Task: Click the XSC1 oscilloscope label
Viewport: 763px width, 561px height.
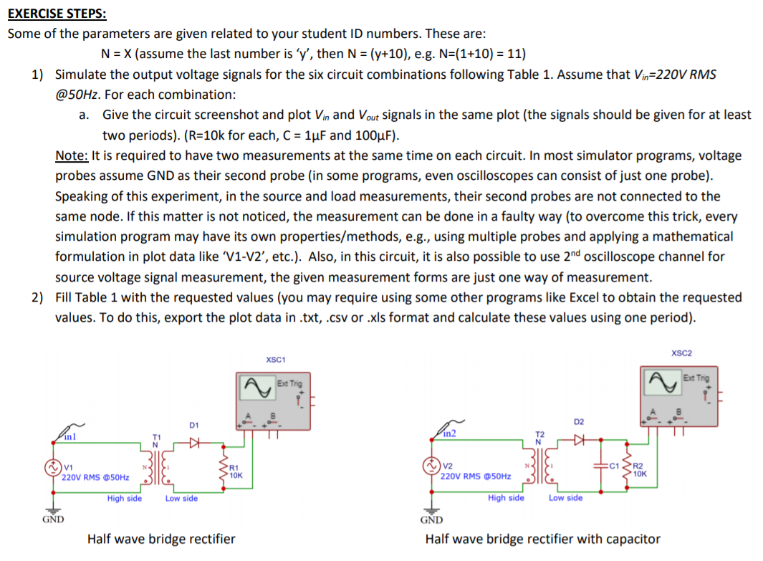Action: point(275,359)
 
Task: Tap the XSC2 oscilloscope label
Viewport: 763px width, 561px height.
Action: point(681,353)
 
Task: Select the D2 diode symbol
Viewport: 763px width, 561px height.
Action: point(579,438)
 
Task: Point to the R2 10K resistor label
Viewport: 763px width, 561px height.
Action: point(640,470)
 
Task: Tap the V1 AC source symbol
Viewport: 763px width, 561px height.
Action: point(52,470)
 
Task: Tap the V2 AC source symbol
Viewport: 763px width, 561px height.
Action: point(431,466)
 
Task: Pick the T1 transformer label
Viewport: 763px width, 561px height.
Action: point(155,438)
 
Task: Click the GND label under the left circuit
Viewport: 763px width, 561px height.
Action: point(52,519)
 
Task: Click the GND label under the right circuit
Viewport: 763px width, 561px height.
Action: point(431,519)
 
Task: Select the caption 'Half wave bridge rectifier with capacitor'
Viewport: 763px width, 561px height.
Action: point(542,539)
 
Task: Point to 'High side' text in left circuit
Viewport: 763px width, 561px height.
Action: point(125,498)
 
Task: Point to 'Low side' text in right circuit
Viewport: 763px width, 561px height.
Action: point(565,497)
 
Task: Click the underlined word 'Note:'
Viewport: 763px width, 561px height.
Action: point(72,155)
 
